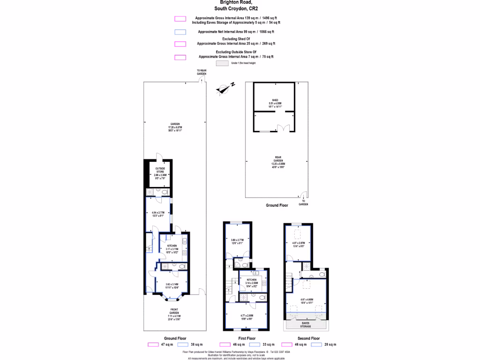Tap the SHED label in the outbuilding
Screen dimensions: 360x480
[x=275, y=100]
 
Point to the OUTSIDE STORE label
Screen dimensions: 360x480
[x=160, y=169]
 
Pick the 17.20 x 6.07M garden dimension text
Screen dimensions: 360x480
[x=174, y=127]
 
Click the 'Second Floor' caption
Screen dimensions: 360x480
[x=308, y=338]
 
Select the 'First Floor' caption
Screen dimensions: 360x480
[x=247, y=338]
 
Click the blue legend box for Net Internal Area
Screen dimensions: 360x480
[x=180, y=32]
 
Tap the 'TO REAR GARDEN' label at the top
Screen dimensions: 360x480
[x=201, y=72]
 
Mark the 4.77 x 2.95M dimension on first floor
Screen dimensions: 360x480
[x=246, y=316]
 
